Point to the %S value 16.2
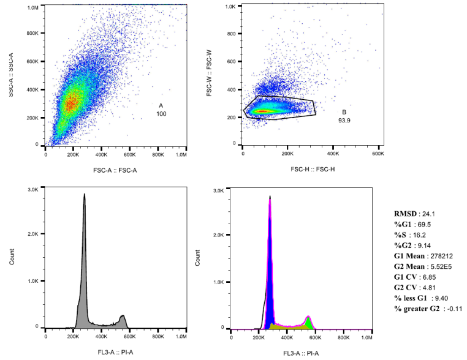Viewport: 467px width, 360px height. tap(420, 236)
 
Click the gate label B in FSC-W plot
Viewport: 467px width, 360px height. tap(344, 112)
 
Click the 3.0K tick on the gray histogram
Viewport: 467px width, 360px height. tap(34, 190)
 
